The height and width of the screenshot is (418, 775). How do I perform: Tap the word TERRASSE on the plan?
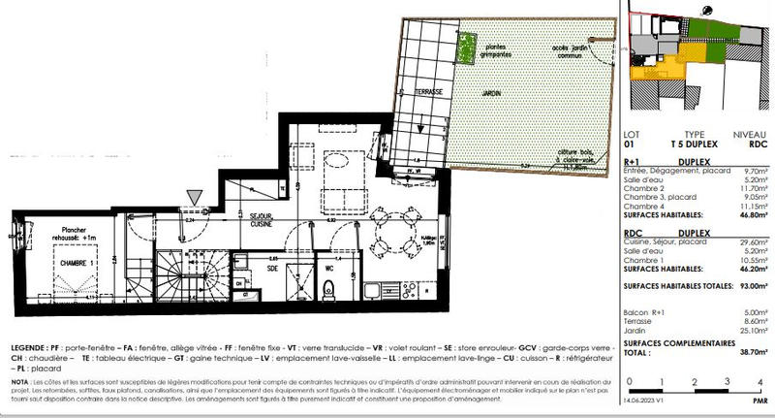click(x=427, y=91)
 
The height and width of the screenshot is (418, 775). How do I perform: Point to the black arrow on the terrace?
click(x=420, y=124)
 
